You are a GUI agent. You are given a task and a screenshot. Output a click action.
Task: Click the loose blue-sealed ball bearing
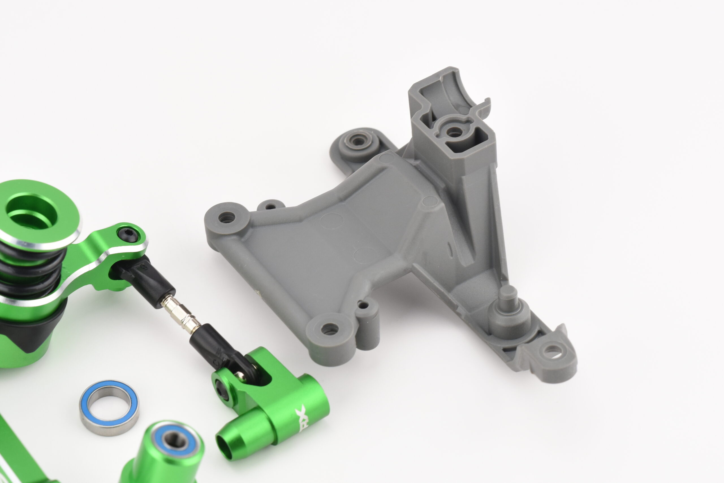pyautogui.click(x=109, y=407)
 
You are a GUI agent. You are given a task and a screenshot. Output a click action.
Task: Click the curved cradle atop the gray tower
pyautogui.click(x=456, y=93)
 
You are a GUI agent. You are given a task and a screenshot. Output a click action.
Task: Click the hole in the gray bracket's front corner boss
pyautogui.click(x=329, y=329)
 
